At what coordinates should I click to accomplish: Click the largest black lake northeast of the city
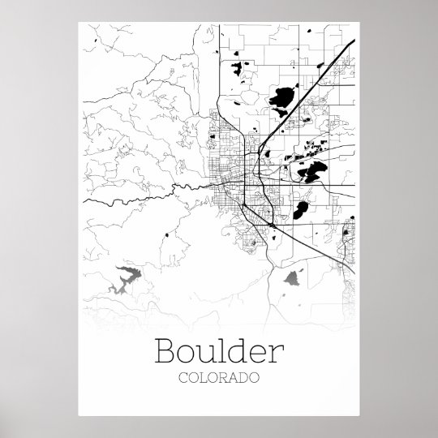tap(282, 100)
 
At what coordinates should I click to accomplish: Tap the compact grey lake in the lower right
tap(293, 280)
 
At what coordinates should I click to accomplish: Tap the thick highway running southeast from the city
tap(308, 235)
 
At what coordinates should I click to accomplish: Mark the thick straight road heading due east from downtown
tap(316, 185)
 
